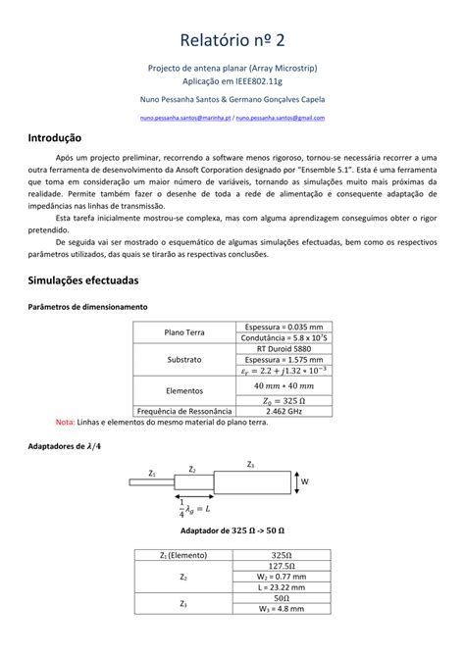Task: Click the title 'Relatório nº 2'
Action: pyautogui.click(x=232, y=39)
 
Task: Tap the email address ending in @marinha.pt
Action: pyautogui.click(x=181, y=118)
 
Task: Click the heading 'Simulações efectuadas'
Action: pyautogui.click(x=88, y=279)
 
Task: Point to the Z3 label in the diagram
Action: pyautogui.click(x=251, y=464)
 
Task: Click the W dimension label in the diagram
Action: pyautogui.click(x=305, y=482)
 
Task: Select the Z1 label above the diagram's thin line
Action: pyautogui.click(x=152, y=473)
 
